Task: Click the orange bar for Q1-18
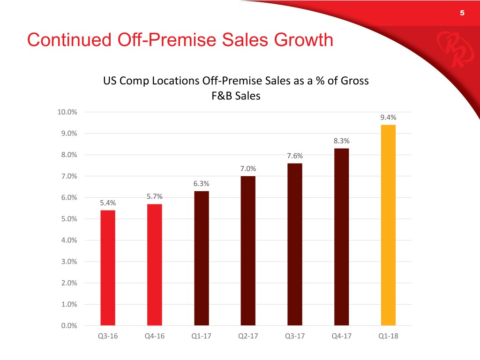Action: coord(388,225)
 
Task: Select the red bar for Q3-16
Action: coord(107,268)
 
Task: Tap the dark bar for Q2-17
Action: coord(248,250)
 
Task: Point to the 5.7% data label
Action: coord(155,197)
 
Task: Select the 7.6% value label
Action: coord(295,157)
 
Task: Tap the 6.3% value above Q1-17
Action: coord(201,184)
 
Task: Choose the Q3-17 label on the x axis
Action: coord(295,336)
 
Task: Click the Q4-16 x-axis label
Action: coord(155,336)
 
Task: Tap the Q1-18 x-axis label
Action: coord(388,336)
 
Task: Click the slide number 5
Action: coord(462,13)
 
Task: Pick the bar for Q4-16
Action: coord(155,264)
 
